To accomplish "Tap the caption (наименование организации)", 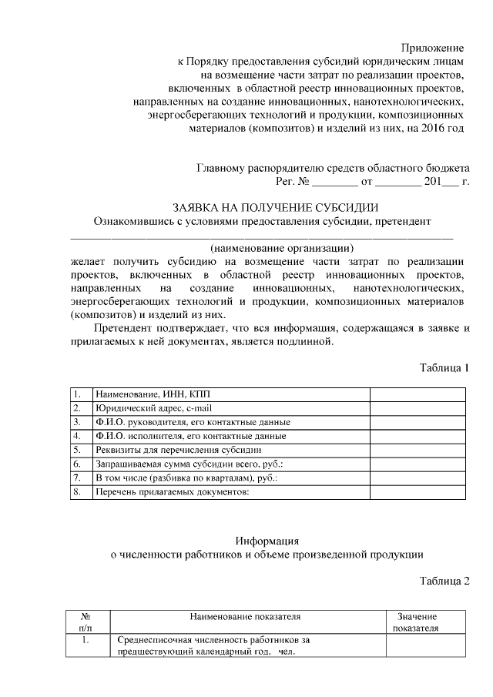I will click(x=282, y=249).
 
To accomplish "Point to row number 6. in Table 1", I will click(x=78, y=464).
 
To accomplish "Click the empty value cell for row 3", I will click(x=418, y=422).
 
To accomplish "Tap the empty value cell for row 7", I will click(x=418, y=478).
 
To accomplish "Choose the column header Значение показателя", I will click(x=416, y=622).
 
